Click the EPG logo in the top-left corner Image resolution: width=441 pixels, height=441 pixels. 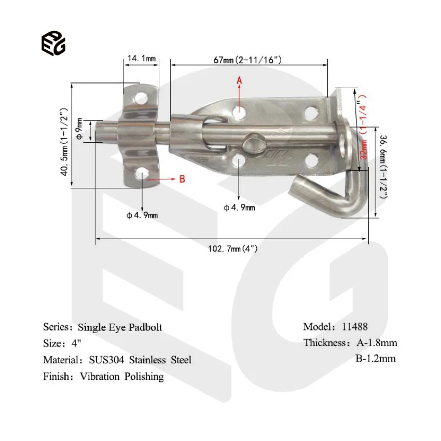point(53,42)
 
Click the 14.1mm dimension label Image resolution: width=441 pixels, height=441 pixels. point(142,59)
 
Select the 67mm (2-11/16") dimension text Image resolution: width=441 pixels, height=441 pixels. point(248,60)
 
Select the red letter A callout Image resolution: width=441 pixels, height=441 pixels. point(239,80)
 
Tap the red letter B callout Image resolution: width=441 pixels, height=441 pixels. point(182,179)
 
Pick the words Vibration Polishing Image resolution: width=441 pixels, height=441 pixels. point(121,376)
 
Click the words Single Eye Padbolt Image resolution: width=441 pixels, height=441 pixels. point(120,327)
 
